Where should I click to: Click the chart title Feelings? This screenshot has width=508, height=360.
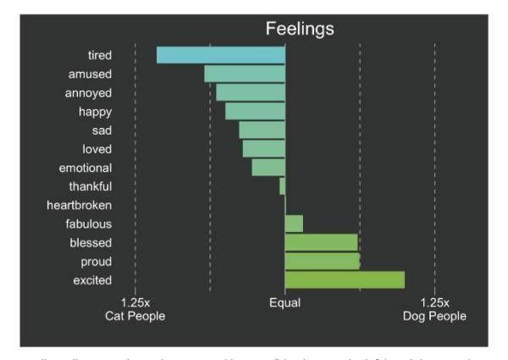click(300, 28)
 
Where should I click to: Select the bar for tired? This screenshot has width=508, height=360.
click(221, 55)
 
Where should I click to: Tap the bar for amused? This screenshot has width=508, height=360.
click(245, 74)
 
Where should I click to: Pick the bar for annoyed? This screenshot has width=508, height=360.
click(251, 92)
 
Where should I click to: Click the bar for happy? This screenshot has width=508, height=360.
click(255, 111)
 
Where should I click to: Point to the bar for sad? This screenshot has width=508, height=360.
click(262, 130)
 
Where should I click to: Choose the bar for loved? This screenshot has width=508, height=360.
click(263, 148)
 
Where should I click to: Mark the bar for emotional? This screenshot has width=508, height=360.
click(268, 167)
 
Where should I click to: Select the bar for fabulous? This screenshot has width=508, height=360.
click(294, 224)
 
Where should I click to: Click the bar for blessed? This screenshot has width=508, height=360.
click(321, 242)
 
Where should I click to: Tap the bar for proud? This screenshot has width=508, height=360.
click(323, 261)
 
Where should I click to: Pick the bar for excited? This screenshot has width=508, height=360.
click(345, 280)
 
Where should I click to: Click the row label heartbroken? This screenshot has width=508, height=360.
click(80, 205)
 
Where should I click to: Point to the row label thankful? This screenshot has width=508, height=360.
click(91, 186)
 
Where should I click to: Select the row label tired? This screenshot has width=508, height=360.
click(100, 55)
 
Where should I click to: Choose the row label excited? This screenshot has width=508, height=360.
click(91, 280)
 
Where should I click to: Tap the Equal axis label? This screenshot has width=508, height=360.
click(284, 302)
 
